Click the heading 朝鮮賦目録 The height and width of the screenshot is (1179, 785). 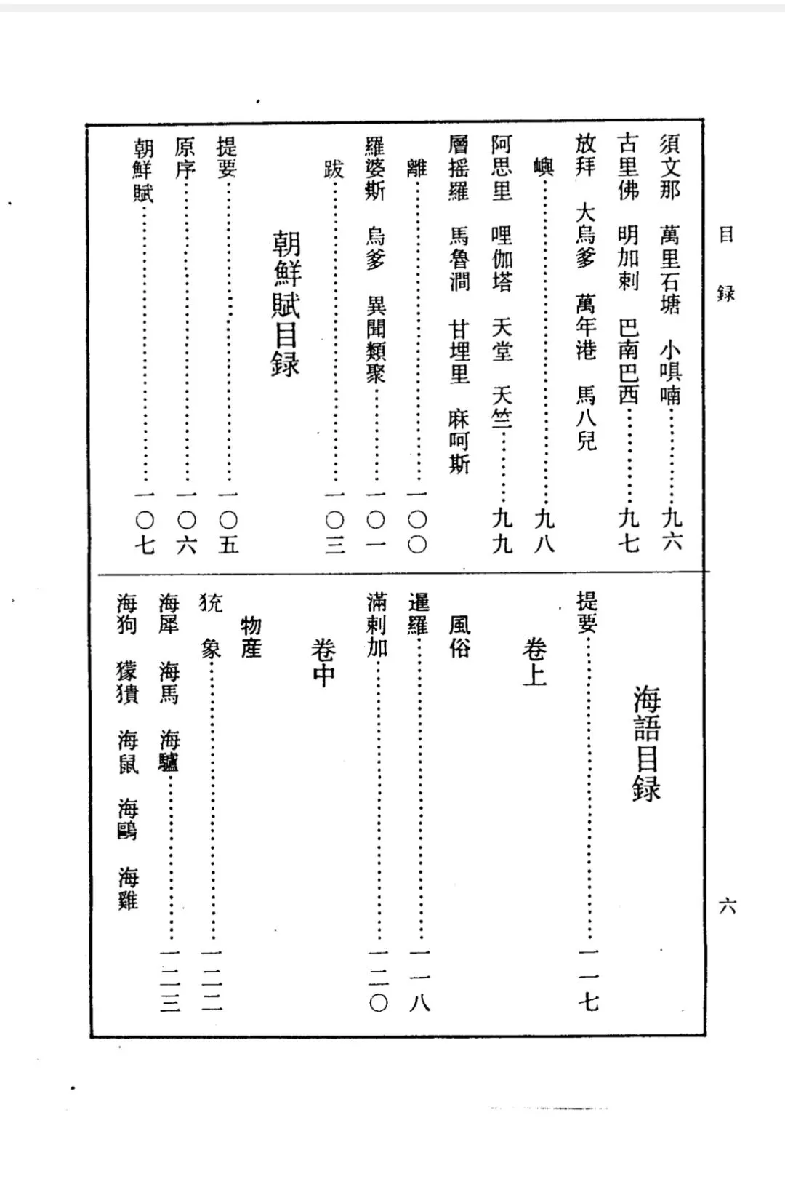pyautogui.click(x=286, y=304)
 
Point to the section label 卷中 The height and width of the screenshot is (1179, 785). pyautogui.click(x=323, y=663)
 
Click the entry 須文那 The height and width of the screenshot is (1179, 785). pyautogui.click(x=670, y=167)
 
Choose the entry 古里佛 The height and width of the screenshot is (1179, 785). pyautogui.click(x=628, y=167)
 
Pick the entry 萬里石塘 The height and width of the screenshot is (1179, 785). pyautogui.click(x=670, y=268)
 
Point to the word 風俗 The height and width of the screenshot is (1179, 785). pyautogui.click(x=459, y=636)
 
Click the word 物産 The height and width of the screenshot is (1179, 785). pyautogui.click(x=251, y=636)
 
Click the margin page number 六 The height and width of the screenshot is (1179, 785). pyautogui.click(x=727, y=906)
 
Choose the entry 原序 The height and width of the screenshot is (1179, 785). pyautogui.click(x=185, y=158)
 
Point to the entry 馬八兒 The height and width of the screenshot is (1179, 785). pyautogui.click(x=586, y=417)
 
